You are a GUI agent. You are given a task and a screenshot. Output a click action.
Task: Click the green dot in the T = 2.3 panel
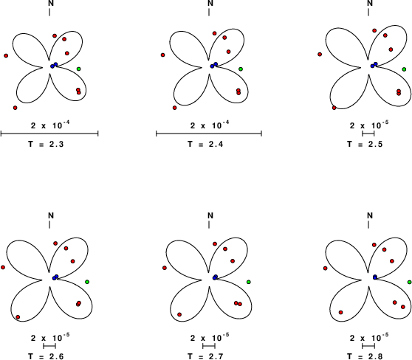(78, 69)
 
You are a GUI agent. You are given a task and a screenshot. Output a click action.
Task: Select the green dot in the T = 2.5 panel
(404, 69)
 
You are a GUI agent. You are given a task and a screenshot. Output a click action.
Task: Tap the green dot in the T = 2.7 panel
(249, 282)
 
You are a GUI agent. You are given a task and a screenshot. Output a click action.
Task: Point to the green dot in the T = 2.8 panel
(410, 282)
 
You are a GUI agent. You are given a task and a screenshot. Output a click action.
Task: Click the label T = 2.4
(205, 144)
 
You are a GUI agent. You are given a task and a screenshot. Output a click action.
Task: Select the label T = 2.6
(46, 356)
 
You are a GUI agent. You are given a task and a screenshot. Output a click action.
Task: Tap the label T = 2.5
(365, 144)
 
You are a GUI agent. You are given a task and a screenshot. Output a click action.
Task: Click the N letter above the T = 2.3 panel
(51, 3)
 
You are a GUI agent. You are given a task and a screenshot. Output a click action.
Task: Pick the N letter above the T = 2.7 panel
(210, 215)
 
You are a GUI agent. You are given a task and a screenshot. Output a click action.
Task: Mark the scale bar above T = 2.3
(49, 134)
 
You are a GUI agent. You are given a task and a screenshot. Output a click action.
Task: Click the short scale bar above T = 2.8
(368, 346)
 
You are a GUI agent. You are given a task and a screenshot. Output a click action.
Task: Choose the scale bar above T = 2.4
(209, 134)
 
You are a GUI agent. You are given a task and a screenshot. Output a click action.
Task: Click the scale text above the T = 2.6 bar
(50, 337)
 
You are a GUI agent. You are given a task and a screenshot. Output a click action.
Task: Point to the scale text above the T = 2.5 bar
(369, 125)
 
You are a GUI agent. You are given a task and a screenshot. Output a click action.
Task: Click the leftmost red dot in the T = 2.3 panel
(6, 55)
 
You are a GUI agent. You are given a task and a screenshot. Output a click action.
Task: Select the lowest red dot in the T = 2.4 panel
(175, 108)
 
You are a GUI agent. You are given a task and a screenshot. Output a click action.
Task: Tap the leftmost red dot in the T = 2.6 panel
(3, 267)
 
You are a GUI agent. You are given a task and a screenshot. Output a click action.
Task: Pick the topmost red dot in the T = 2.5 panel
(374, 31)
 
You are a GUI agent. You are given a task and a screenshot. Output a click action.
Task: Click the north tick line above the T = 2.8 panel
(368, 224)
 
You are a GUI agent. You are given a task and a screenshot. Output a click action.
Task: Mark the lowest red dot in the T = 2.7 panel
(179, 314)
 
